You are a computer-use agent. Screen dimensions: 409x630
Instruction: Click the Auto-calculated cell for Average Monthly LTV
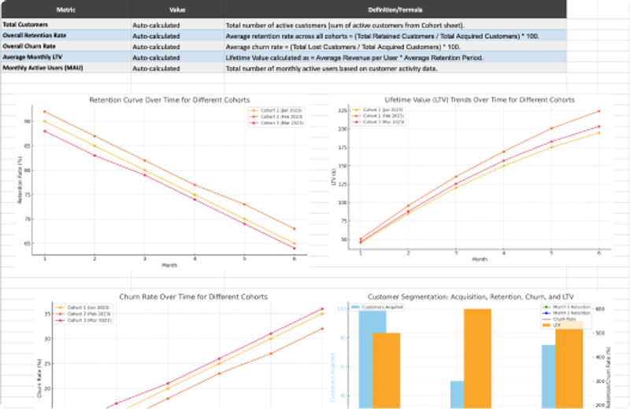pyautogui.click(x=156, y=57)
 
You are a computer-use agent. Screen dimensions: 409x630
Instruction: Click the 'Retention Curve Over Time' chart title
pyautogui.click(x=169, y=101)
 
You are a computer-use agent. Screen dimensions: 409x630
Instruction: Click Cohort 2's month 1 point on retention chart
pyautogui.click(x=45, y=112)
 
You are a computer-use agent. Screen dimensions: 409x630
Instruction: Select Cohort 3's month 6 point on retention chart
pyautogui.click(x=294, y=249)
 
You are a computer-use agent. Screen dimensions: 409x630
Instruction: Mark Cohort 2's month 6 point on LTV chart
pyautogui.click(x=599, y=111)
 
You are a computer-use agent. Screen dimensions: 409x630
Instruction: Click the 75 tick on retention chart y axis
pyautogui.click(x=30, y=194)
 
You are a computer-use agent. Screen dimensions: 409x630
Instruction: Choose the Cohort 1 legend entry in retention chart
pyautogui.click(x=276, y=111)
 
